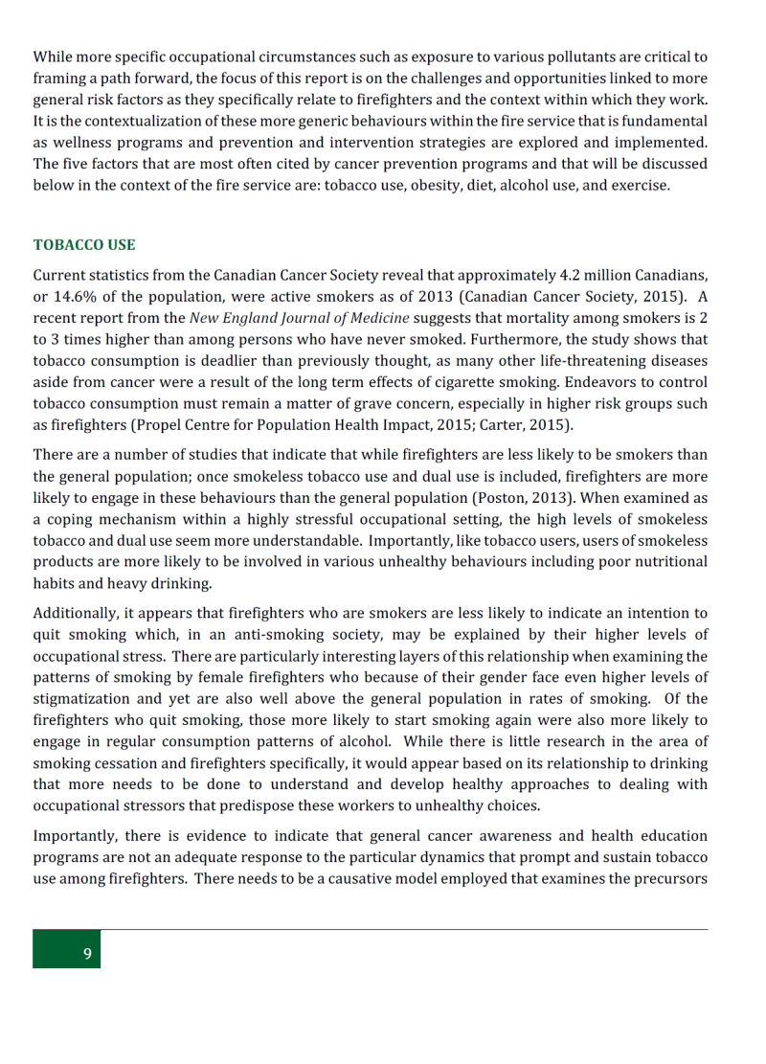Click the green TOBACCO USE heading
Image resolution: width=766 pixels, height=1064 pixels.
pos(84,245)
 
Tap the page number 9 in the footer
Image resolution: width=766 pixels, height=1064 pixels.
pos(87,954)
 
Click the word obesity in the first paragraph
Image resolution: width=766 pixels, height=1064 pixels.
pos(405,185)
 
